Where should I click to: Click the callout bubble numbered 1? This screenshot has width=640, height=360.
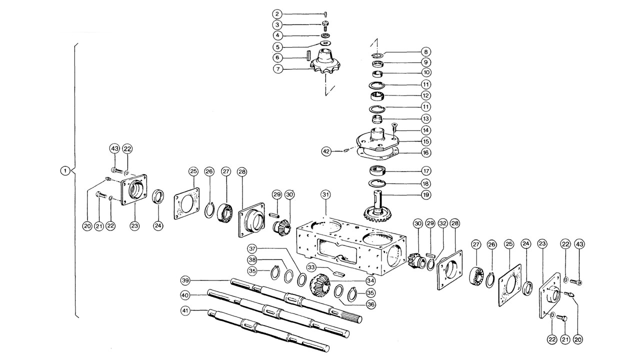point(64,170)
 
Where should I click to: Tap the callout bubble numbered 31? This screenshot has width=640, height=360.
point(326,194)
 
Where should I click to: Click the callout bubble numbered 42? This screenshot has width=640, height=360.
point(326,150)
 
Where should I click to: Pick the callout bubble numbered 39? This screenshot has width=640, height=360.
point(186,279)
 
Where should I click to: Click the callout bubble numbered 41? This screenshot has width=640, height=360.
point(186,310)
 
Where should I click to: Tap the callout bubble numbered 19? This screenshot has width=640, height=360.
point(426,194)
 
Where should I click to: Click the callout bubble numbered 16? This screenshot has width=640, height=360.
point(426,152)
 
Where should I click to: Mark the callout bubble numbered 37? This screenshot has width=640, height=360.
point(253,249)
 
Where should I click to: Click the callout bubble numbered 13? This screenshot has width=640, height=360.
point(426,119)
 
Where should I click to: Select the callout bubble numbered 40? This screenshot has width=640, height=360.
point(186,295)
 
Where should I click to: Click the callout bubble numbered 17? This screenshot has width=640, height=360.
point(426,170)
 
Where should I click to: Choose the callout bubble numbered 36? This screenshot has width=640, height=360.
point(370,303)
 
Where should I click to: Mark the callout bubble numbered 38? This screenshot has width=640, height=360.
point(253,260)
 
